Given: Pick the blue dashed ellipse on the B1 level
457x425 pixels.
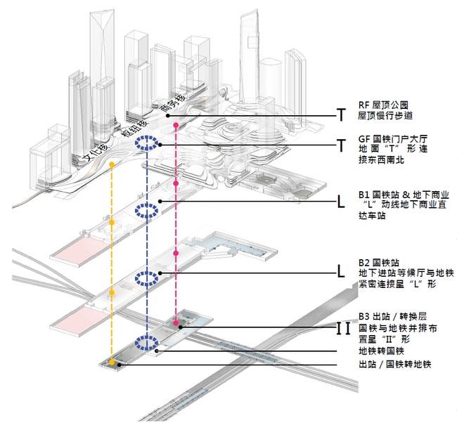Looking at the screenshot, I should [x=147, y=210].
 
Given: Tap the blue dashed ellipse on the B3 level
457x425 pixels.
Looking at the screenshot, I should [x=147, y=344].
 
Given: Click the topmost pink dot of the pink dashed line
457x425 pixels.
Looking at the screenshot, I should [x=174, y=124].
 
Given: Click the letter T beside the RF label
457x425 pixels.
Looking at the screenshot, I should [x=341, y=115].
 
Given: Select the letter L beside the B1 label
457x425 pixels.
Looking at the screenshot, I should [x=341, y=204].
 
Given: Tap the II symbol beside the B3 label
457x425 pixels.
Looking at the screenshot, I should [x=343, y=327].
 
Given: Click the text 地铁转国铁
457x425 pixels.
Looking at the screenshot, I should [x=380, y=351].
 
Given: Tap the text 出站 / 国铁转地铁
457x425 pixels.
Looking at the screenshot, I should [x=393, y=364].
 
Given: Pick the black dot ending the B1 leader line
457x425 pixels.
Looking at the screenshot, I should [x=161, y=202].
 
